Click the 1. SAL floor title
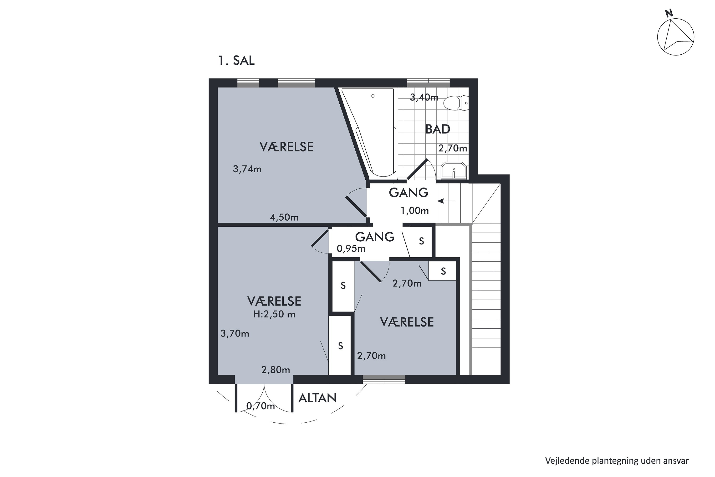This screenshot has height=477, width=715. tap(236, 61)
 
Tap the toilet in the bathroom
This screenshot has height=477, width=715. tap(456, 103)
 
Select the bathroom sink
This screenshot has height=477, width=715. tap(454, 170)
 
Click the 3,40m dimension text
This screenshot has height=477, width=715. tap(424, 97)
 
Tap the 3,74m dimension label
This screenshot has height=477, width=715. tap(247, 169)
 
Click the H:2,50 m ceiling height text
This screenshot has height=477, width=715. tap(274, 314)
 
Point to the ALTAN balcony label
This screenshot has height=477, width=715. tap(317, 398)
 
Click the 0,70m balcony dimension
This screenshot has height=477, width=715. tap(260, 406)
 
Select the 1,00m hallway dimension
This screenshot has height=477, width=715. tap(415, 211)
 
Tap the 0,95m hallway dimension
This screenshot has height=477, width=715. tap(351, 249)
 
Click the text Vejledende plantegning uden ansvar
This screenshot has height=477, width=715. tap(617, 461)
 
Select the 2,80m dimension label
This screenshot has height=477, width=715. tap(276, 370)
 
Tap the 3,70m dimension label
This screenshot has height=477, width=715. tap(235, 333)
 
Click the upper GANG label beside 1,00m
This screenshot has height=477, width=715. tap(409, 192)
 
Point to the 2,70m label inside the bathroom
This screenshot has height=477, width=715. tap(453, 148)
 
